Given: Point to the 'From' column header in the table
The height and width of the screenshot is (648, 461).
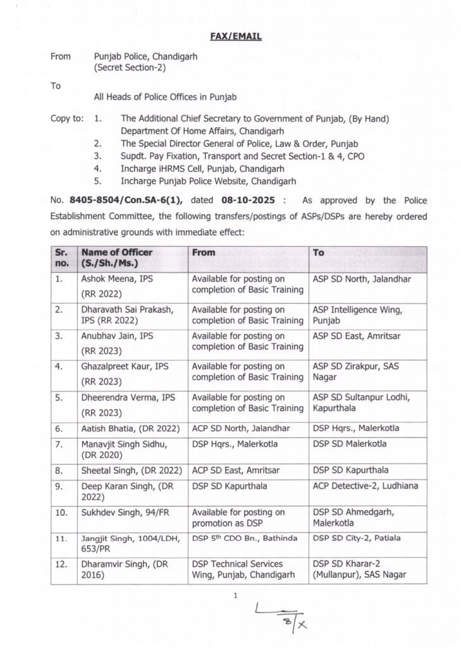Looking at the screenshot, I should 203,252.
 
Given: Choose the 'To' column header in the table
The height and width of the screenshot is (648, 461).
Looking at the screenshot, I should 319,252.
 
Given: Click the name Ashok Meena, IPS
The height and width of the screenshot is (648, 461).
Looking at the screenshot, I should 117,278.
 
